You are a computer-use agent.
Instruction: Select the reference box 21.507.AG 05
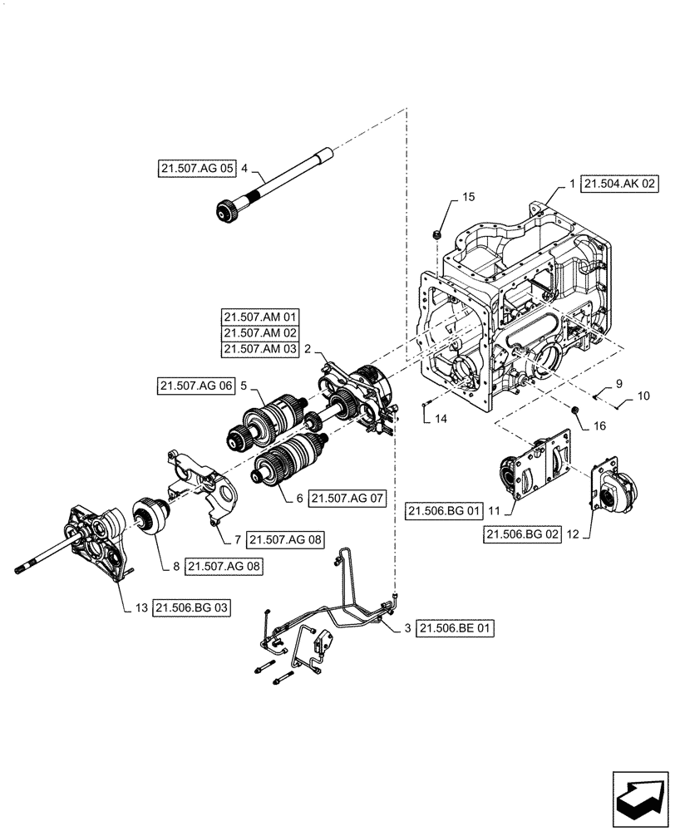(196, 169)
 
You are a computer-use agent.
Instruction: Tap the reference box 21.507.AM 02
(260, 333)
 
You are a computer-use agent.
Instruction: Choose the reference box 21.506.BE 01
(456, 629)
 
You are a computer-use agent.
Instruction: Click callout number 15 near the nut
(468, 197)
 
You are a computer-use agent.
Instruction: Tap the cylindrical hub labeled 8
(152, 520)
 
